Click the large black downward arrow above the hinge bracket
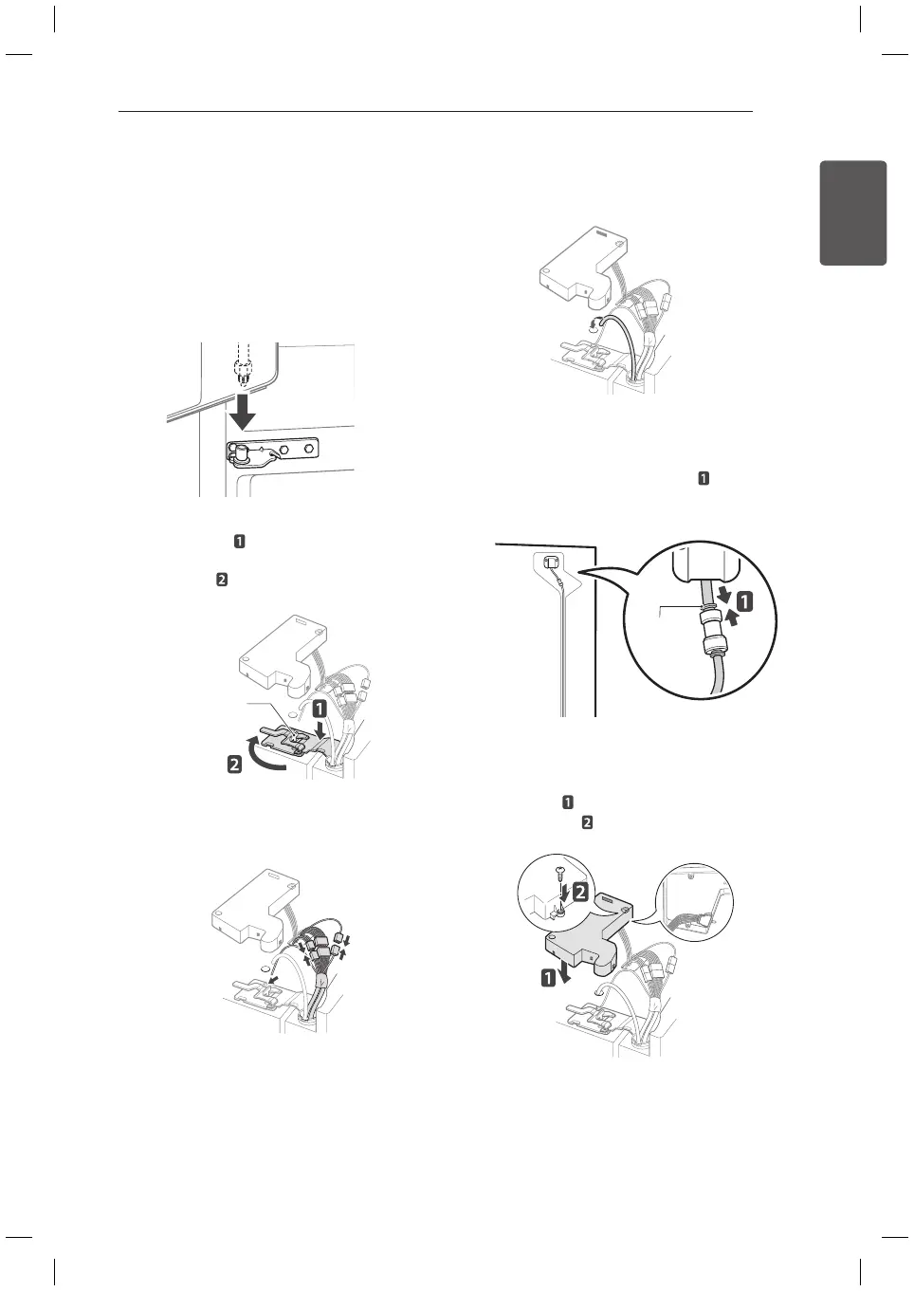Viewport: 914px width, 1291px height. coord(244,409)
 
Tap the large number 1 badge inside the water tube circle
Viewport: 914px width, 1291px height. coord(745,601)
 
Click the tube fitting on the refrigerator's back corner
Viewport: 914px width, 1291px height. coord(550,562)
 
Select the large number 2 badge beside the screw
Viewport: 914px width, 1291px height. coord(580,891)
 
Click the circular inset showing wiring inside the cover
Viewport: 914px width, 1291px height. coord(695,902)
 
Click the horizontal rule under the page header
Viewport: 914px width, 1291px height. coord(435,112)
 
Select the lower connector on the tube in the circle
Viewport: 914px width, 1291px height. coord(713,645)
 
